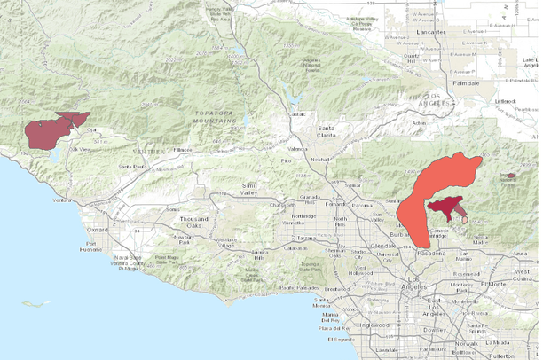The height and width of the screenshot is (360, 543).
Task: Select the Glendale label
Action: (x=383, y=245)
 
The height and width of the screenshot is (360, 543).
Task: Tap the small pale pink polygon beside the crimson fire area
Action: (x=465, y=218)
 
